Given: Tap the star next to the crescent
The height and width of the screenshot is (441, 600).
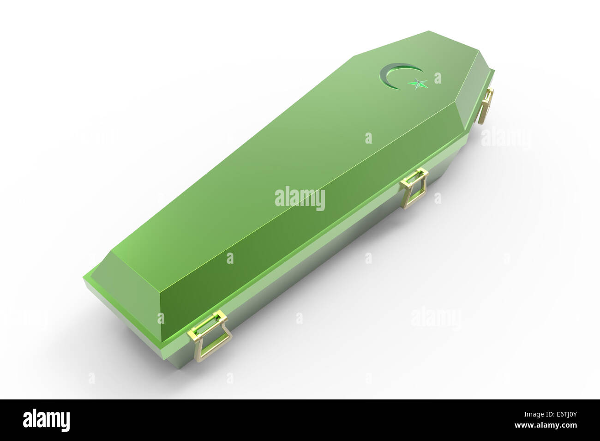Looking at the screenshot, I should [417, 84].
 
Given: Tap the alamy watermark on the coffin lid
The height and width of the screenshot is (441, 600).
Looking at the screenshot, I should [300, 199].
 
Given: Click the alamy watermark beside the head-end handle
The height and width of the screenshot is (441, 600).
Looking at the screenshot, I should [506, 138].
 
